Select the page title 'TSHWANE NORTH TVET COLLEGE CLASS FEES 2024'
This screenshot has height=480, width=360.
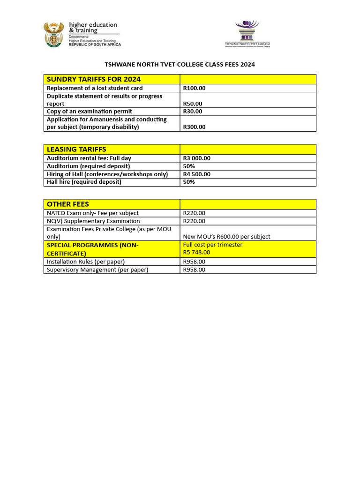pos(180,65)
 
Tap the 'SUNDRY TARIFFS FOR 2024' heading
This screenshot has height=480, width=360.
pos(94,79)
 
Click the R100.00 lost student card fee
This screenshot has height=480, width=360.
pos(194,88)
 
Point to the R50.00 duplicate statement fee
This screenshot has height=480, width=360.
pos(193,104)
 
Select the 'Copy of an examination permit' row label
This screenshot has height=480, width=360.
pos(90,112)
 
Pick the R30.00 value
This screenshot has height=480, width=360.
pos(193,112)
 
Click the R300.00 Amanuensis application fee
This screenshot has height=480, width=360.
pos(194,127)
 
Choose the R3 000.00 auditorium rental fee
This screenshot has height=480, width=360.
pos(196,158)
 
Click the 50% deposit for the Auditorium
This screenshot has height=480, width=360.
pos(189,166)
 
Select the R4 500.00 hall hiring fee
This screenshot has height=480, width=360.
pos(196,174)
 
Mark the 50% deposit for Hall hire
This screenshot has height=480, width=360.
pos(189,182)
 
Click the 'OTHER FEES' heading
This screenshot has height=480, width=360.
pos(68,204)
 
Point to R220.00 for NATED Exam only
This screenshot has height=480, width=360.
pos(194,213)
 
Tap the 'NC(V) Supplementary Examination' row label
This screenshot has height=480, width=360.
pos(93,221)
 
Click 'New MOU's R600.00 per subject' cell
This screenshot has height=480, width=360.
pos(226,237)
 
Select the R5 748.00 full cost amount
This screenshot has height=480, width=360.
pos(196,252)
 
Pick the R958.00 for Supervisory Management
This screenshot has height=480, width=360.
pos(194,270)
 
